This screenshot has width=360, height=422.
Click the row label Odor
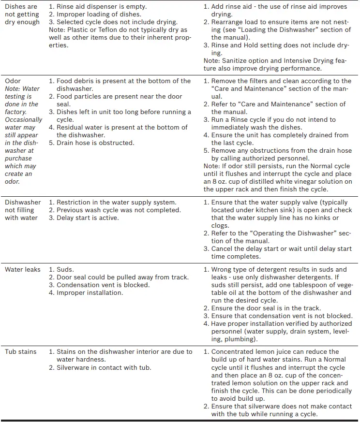[13, 81]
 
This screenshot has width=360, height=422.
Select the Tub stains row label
[20, 351]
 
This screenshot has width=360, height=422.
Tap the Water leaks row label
[22, 269]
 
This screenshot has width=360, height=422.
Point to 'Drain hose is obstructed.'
[95, 143]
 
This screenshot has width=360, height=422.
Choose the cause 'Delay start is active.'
[87, 218]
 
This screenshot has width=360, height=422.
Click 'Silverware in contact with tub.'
[104, 367]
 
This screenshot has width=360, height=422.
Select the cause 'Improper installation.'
[90, 292]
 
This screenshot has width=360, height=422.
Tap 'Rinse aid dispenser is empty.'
[101, 7]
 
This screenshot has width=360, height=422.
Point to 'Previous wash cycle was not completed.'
[119, 210]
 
